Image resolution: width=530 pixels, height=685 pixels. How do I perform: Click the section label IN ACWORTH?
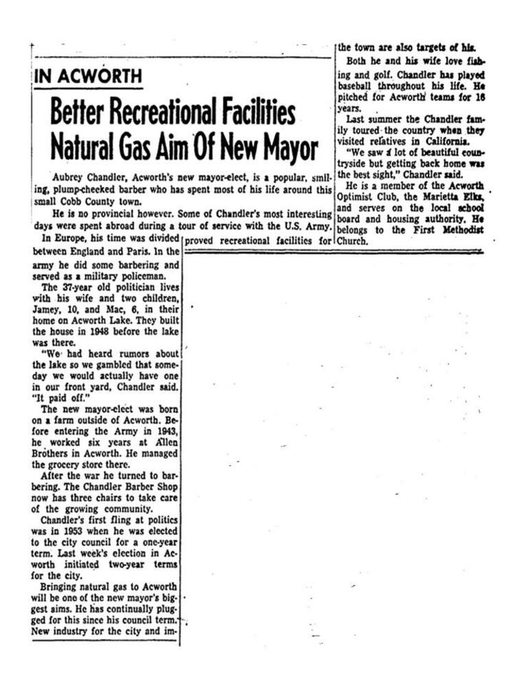coord(88,76)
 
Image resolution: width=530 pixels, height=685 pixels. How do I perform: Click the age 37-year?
coord(74,288)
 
